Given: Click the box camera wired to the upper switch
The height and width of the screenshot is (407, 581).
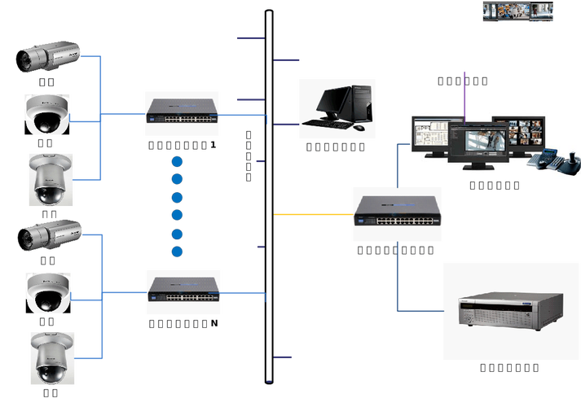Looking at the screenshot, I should click(x=49, y=56).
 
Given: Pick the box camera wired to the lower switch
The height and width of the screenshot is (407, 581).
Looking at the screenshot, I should click(x=49, y=235).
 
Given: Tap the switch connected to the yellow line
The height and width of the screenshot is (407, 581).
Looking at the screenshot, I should click(x=397, y=214).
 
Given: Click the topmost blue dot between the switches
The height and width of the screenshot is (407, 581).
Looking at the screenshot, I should click(x=177, y=160).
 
